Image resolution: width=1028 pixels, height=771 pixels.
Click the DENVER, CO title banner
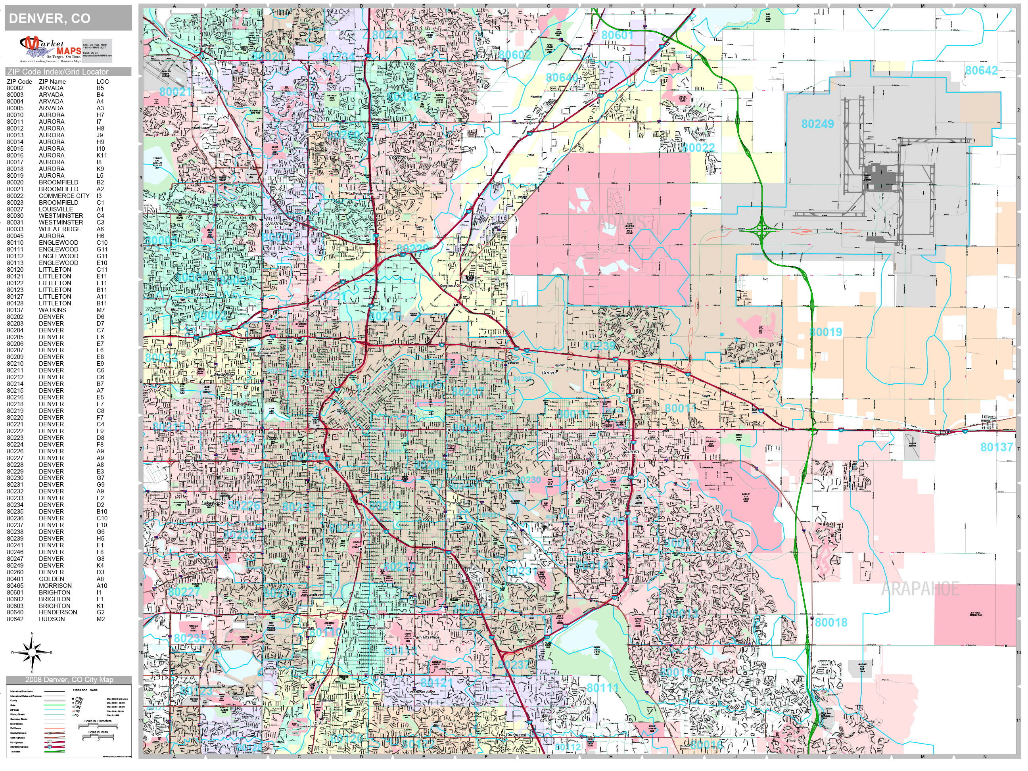tap(68, 19)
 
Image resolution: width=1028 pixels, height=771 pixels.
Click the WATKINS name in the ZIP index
tap(52, 310)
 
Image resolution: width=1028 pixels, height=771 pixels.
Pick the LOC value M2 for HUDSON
tap(101, 619)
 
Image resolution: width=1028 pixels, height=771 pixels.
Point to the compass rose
tap(32, 652)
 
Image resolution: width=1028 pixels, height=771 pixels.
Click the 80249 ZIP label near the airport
tap(817, 124)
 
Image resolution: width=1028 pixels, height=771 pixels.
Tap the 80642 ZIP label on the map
tap(981, 71)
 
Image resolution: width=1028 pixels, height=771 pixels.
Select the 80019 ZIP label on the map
tap(825, 332)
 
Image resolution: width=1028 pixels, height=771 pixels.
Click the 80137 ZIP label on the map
tap(996, 447)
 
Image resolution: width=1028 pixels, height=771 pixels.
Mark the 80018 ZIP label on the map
tap(831, 622)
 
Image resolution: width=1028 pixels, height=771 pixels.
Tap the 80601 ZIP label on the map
tap(617, 35)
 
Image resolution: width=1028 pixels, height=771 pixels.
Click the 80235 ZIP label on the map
tap(190, 639)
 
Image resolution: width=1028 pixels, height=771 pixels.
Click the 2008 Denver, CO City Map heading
tap(69, 679)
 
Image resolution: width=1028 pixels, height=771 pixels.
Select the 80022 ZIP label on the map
tap(698, 148)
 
